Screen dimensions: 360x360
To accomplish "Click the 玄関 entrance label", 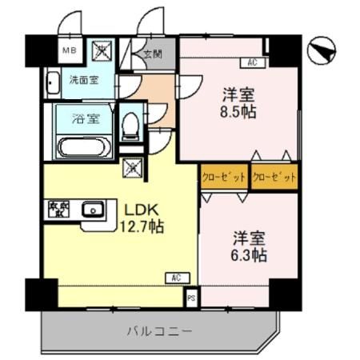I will [x=152, y=55].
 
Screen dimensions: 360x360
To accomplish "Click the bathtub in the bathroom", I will [x=86, y=146].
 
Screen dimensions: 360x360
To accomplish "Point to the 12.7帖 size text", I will [x=143, y=227].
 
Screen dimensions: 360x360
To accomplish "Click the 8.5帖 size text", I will [x=239, y=111].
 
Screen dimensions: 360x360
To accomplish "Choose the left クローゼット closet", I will [x=223, y=176].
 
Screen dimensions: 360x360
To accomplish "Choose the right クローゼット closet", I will [x=274, y=176].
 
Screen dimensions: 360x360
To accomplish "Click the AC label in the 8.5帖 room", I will [x=251, y=62].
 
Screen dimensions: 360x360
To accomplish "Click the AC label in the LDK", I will [x=174, y=278].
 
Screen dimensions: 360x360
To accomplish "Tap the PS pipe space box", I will [x=190, y=298].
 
